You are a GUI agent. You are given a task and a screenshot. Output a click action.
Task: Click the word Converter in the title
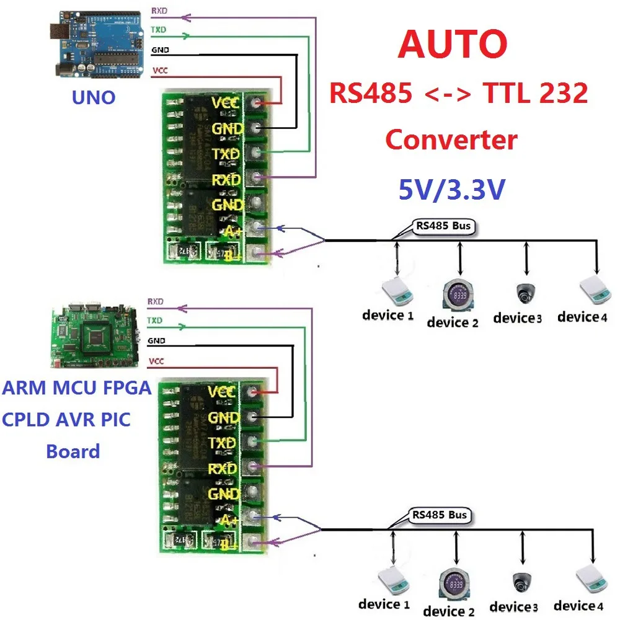click(451, 140)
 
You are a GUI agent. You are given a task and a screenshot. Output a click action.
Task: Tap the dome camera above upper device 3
click(526, 292)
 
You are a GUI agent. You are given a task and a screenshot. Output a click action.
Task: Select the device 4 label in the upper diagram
click(582, 317)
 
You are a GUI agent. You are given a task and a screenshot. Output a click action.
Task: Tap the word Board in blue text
click(73, 451)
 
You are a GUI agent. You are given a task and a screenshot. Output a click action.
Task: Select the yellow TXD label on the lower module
click(221, 443)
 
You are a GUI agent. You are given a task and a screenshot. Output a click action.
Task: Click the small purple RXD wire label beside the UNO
click(159, 11)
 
